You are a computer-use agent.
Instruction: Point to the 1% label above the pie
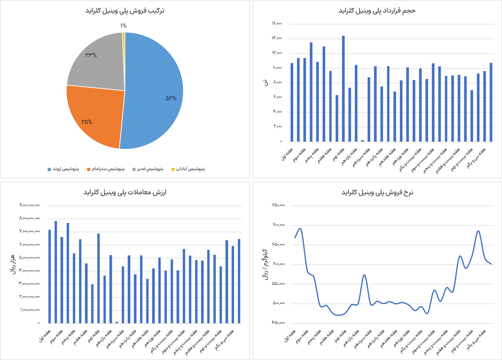point(123,26)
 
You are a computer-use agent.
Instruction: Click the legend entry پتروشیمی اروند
point(63,169)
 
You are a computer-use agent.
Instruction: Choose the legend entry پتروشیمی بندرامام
point(106,169)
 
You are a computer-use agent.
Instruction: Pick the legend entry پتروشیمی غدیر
point(148,169)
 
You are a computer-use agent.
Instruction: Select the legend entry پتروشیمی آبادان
point(188,169)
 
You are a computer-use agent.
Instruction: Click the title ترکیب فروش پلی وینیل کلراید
point(125,11)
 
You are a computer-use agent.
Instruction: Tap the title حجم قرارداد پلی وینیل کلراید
point(377,11)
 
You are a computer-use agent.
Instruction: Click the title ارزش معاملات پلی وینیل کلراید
point(125,192)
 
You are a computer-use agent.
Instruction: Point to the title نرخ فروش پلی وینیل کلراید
point(377,192)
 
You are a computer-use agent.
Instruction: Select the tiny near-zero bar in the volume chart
point(363,140)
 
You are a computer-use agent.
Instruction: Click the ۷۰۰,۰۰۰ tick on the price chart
point(279,225)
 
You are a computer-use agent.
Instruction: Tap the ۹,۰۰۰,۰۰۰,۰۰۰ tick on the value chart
point(30,205)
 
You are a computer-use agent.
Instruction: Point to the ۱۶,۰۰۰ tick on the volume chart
point(277,24)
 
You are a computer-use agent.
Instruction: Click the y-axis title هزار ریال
point(12,264)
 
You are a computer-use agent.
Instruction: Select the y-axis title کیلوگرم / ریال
point(265,264)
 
